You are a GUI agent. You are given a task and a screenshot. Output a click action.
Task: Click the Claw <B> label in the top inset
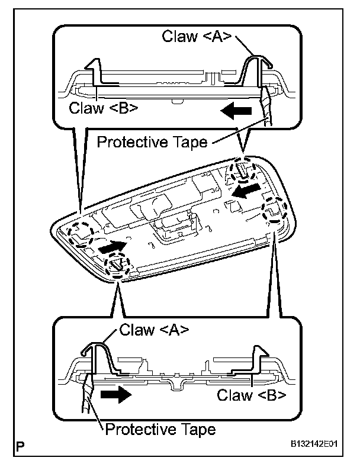click(x=104, y=108)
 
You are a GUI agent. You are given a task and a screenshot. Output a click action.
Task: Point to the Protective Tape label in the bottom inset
click(x=160, y=428)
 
